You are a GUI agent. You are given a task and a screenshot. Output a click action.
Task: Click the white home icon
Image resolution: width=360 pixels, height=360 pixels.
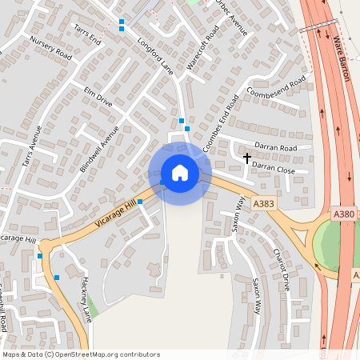(x=180, y=172)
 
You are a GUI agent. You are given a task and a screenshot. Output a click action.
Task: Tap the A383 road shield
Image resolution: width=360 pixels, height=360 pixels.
(x=262, y=205)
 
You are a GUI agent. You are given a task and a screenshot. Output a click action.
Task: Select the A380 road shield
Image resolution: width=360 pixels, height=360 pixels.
(x=345, y=214)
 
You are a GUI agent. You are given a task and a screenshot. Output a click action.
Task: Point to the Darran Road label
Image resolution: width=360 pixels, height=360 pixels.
(x=275, y=149)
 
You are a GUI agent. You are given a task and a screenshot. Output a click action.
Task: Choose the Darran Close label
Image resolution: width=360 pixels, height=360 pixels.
(x=274, y=168)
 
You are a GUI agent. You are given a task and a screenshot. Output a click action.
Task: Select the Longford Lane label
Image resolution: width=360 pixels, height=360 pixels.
(x=155, y=56)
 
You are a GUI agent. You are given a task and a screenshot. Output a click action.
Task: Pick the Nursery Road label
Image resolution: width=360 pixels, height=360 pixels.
(x=50, y=49)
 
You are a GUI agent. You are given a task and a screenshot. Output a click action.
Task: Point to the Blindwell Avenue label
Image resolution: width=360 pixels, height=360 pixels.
(x=99, y=148)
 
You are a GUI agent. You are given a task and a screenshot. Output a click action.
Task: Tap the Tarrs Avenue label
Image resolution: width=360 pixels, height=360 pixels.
(x=30, y=150)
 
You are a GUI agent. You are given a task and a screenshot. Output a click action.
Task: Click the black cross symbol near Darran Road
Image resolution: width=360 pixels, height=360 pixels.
(x=247, y=157)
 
